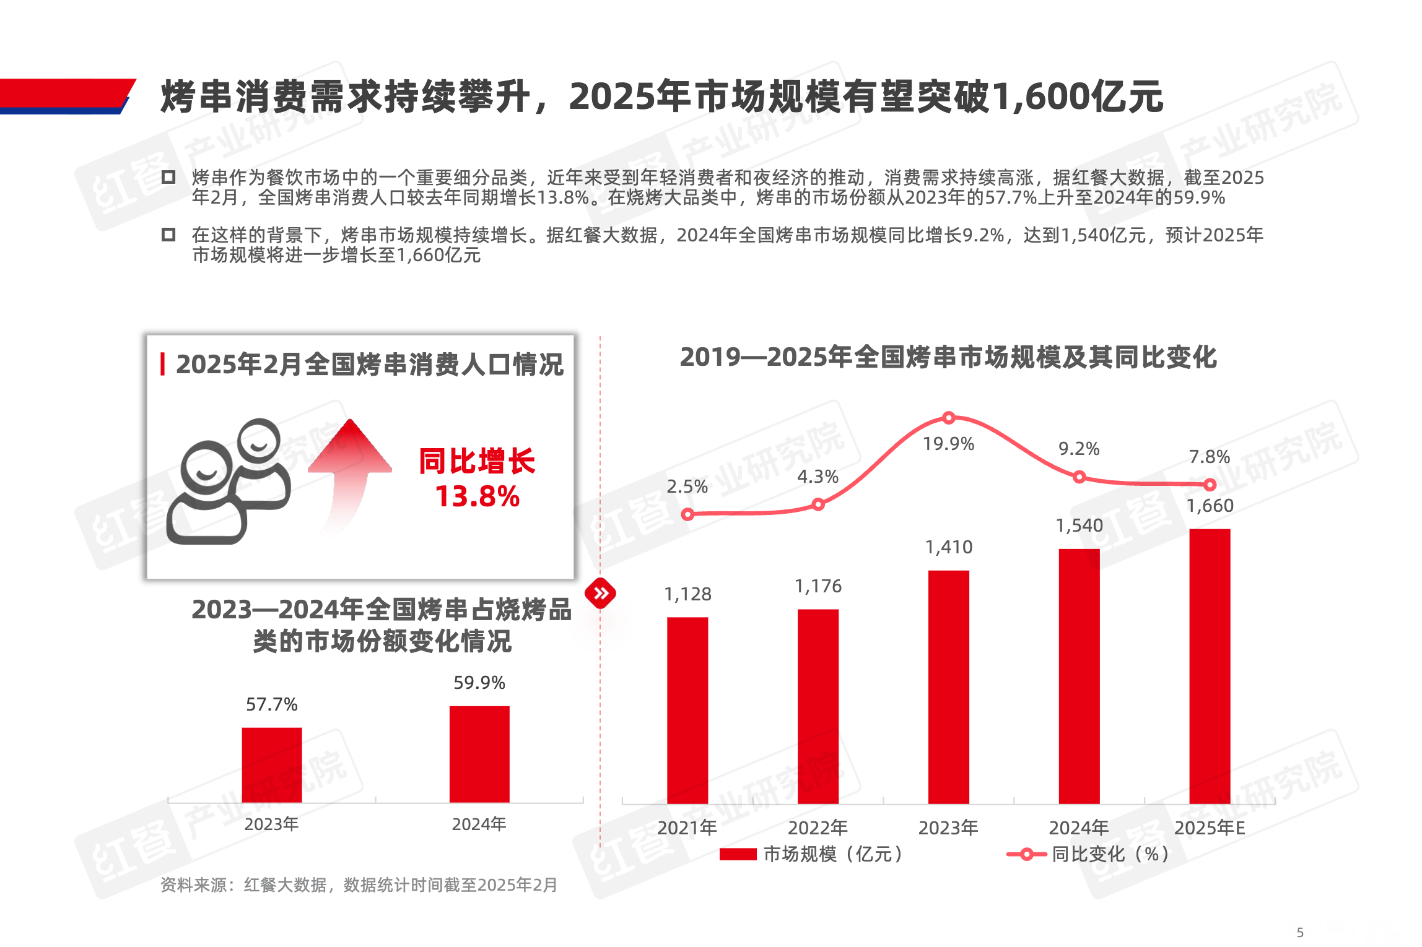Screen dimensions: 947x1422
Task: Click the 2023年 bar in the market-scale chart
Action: click(x=948, y=687)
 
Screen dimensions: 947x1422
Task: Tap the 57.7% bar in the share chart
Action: click(x=272, y=765)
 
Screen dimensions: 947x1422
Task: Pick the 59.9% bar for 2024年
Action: click(x=479, y=754)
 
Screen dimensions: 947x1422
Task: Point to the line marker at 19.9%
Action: click(x=948, y=418)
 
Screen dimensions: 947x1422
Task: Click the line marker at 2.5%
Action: click(x=687, y=514)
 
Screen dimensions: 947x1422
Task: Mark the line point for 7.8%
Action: click(x=1210, y=485)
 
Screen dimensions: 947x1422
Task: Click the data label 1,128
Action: click(x=687, y=594)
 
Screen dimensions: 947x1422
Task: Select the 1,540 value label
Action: click(x=1079, y=525)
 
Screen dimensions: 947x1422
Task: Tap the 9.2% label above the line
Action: click(x=1079, y=449)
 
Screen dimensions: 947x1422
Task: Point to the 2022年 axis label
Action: click(x=818, y=828)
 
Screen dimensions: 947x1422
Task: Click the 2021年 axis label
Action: click(x=687, y=828)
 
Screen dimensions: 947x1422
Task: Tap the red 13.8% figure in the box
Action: click(x=478, y=496)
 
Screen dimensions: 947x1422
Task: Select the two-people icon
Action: click(x=229, y=483)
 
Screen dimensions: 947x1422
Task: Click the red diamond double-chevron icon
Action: click(x=600, y=594)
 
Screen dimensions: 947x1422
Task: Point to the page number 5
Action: click(x=1300, y=932)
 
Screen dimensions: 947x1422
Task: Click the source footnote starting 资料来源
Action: click(x=359, y=885)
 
